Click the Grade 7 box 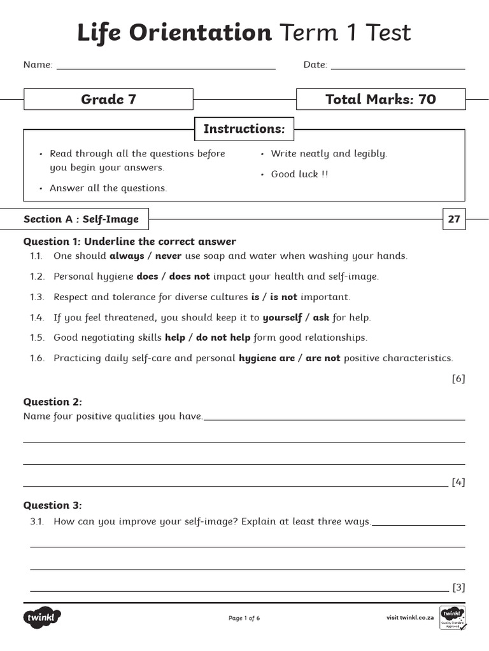pos(108,99)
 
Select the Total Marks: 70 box pos(380,99)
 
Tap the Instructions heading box pos(244,129)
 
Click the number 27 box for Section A pos(454,219)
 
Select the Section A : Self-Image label pos(81,219)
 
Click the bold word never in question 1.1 pos(169,256)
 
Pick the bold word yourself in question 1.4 pos(282,317)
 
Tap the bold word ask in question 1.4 pos(321,317)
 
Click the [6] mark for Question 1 pos(458,379)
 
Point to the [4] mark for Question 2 pos(458,482)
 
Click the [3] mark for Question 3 pos(458,587)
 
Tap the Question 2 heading pos(52,402)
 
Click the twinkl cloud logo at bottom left pos(43,617)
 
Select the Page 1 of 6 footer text pos(244,618)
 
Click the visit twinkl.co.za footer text pos(410,618)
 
